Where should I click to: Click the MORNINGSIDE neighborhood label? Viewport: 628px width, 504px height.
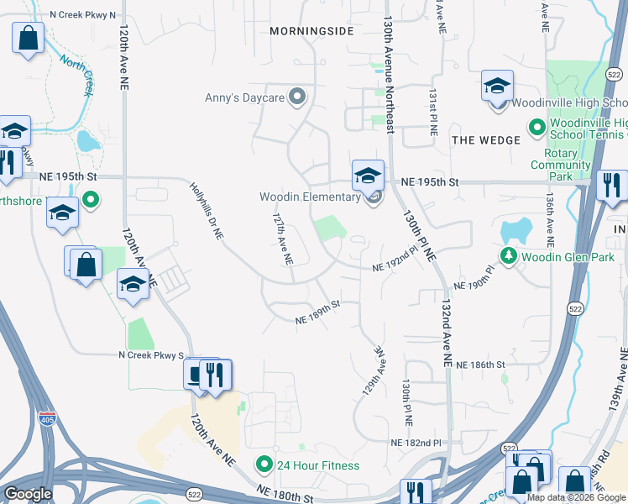click(x=311, y=31)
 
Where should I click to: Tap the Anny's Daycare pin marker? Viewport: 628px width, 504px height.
click(x=296, y=97)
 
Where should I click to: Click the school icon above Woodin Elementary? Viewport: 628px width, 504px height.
click(x=368, y=176)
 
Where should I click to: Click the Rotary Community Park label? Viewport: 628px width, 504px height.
click(x=560, y=165)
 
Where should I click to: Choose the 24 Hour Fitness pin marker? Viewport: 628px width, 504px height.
click(x=264, y=465)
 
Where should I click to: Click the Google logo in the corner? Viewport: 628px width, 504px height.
click(x=28, y=494)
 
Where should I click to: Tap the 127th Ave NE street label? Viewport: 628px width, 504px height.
click(x=282, y=239)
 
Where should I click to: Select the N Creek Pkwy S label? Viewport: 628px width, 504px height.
click(x=150, y=356)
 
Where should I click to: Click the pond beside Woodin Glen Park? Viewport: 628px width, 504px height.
click(x=515, y=229)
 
